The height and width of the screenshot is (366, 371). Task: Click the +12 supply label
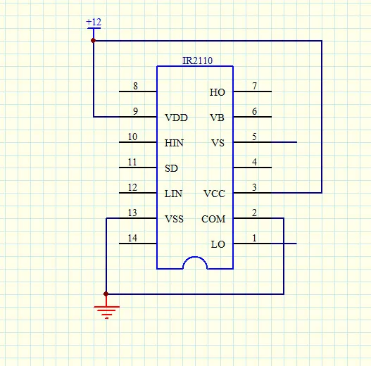(x=94, y=22)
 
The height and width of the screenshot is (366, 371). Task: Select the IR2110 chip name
(x=197, y=61)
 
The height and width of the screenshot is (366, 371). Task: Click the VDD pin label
(x=176, y=118)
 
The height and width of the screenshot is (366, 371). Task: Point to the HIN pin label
(x=174, y=143)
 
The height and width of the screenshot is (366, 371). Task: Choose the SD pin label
(x=171, y=168)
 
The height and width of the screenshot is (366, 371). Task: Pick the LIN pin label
(x=173, y=194)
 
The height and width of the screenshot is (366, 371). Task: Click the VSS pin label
(x=174, y=219)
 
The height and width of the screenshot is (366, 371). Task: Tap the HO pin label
(x=218, y=92)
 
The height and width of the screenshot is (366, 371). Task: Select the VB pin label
(x=217, y=118)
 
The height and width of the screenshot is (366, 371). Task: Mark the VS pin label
(x=218, y=143)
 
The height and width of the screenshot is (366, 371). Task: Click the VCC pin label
(x=215, y=194)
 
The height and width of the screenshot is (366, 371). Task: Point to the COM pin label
(x=213, y=219)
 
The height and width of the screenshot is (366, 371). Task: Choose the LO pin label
(x=218, y=244)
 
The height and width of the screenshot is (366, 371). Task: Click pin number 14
(x=132, y=238)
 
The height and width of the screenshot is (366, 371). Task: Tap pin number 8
(x=135, y=86)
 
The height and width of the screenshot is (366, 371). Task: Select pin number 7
(x=254, y=86)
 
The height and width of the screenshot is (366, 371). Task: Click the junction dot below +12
(x=94, y=41)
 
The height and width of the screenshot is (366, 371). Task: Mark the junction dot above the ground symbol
(x=106, y=294)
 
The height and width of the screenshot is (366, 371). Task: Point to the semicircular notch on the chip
(x=195, y=257)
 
